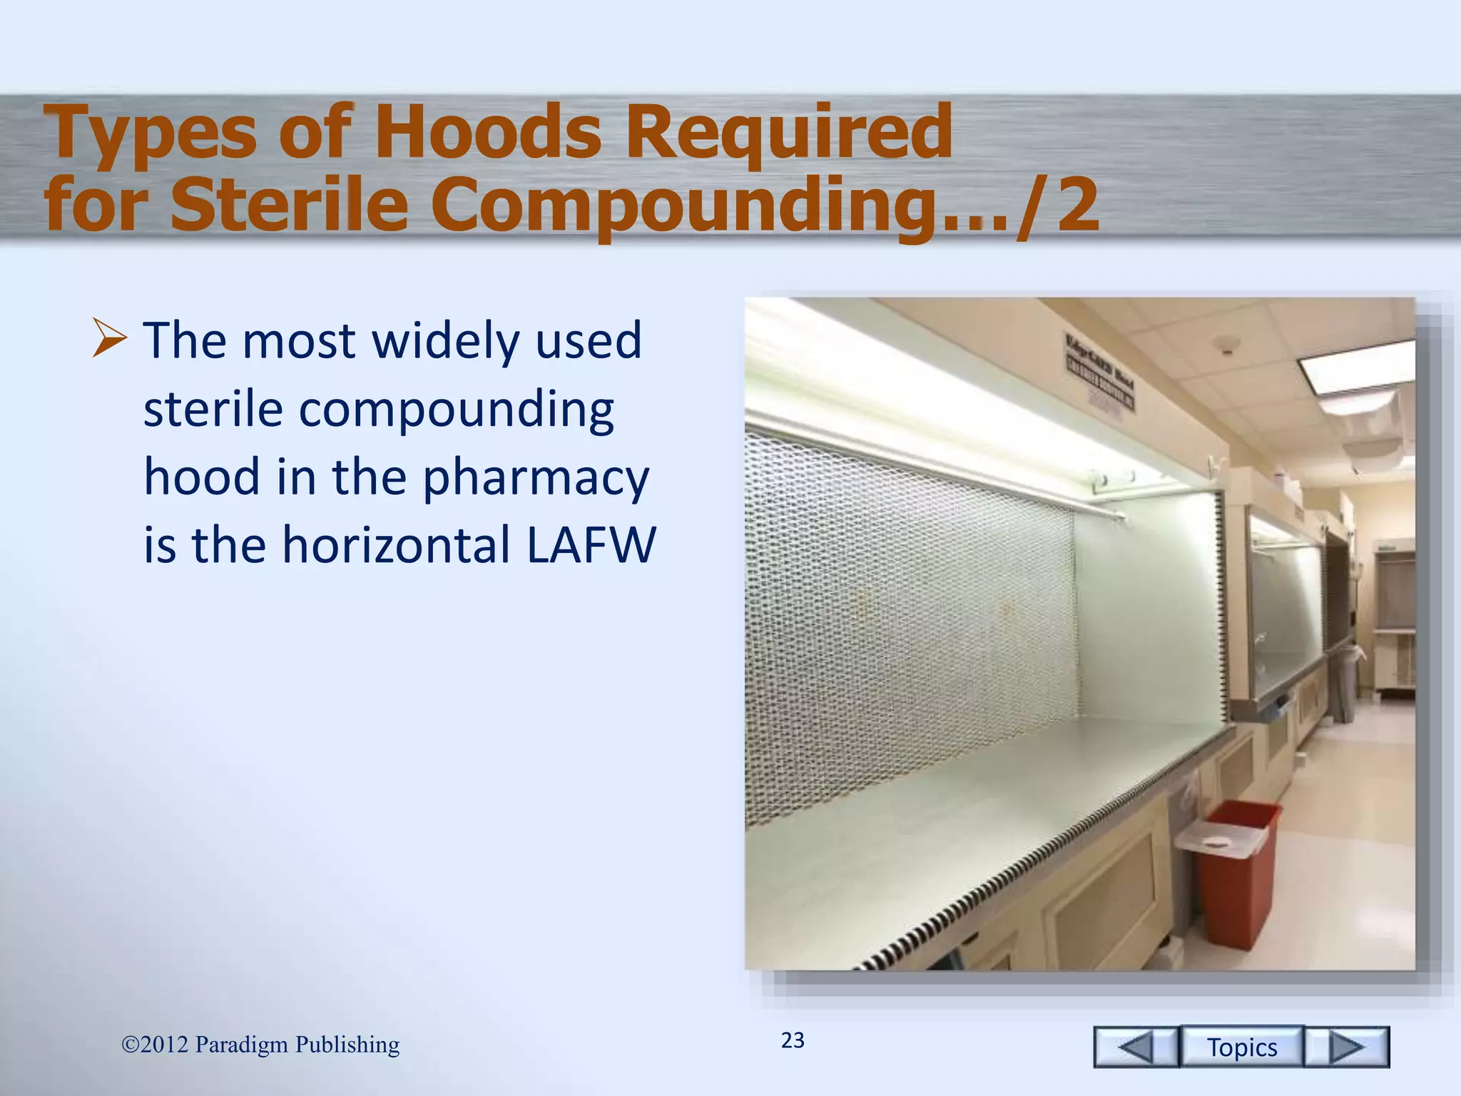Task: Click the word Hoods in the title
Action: pos(488,132)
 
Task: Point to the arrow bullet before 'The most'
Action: pos(110,339)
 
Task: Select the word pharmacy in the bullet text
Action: pos(536,478)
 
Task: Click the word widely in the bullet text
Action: pos(446,341)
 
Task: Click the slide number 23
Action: pos(793,1040)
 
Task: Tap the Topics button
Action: pos(1242,1047)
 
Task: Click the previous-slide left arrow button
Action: pos(1136,1047)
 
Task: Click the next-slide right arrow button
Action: pos(1347,1047)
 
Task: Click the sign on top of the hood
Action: pos(1099,371)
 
